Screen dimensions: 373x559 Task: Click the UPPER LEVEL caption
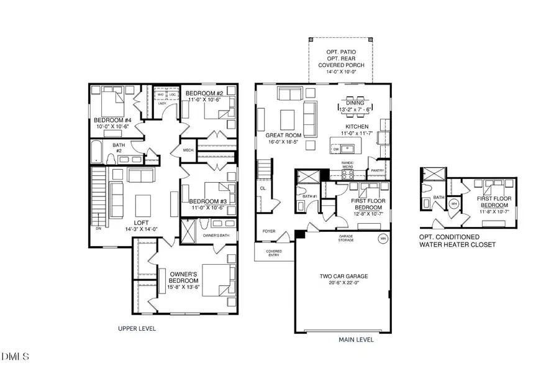(137, 328)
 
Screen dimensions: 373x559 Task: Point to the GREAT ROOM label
(283, 135)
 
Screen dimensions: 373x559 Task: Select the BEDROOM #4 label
(112, 120)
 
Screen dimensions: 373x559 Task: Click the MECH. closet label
(189, 150)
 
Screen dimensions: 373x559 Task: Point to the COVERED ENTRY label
(274, 253)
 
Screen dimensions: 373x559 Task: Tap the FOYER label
(268, 231)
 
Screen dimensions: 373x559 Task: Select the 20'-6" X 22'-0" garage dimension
(343, 283)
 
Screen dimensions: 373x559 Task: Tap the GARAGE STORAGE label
(347, 238)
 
